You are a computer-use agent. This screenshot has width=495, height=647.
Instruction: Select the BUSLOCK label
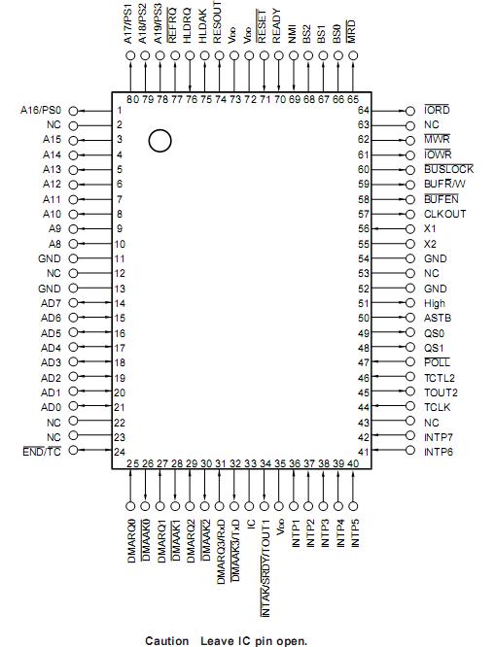(x=448, y=169)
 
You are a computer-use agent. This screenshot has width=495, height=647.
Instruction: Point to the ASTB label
(x=437, y=318)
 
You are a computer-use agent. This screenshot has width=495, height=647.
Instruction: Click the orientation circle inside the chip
(x=160, y=142)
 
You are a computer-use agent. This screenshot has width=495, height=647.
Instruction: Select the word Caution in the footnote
(x=166, y=641)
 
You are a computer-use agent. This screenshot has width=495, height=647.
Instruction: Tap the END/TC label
(x=42, y=453)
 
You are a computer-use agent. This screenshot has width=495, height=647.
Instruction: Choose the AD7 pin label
(x=51, y=303)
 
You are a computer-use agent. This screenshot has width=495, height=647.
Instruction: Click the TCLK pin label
(x=438, y=407)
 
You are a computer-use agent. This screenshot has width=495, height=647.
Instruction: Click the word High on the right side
(x=435, y=303)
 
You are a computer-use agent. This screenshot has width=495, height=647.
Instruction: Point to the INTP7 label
(x=440, y=437)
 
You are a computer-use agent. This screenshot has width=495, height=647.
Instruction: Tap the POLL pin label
(x=437, y=362)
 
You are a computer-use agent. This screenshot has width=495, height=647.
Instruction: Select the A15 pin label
(x=52, y=140)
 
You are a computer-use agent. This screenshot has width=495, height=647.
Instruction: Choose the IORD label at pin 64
(x=437, y=110)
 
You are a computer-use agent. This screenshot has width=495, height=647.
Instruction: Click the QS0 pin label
(x=435, y=332)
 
